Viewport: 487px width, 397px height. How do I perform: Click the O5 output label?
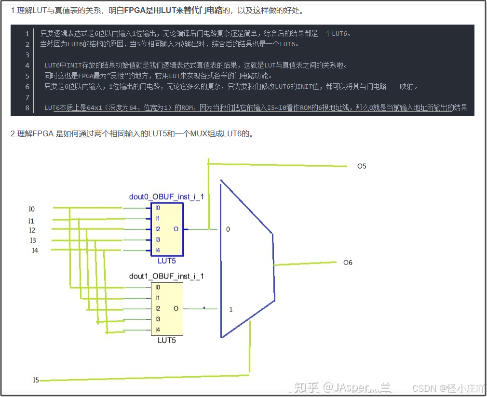tap(362, 166)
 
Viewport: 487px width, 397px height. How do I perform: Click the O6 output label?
tap(348, 263)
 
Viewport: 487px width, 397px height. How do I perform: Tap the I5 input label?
tap(36, 380)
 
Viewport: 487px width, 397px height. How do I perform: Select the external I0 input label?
tap(32, 209)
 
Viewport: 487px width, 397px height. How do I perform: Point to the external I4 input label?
tap(35, 250)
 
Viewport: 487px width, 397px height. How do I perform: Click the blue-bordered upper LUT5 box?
tap(167, 229)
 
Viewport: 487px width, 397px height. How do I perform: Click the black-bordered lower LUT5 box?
tap(167, 308)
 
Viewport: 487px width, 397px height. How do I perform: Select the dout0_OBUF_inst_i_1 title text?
tap(166, 197)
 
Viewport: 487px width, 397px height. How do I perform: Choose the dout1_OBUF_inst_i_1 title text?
tap(166, 276)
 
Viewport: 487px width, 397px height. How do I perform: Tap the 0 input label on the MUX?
tap(228, 229)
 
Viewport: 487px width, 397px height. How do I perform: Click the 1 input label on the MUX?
tap(230, 309)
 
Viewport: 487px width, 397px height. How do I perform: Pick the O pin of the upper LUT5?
tap(176, 229)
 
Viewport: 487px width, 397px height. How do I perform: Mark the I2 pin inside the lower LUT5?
tap(158, 308)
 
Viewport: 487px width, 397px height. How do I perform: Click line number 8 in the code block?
tap(27, 108)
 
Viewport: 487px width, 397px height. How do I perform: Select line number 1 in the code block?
tap(27, 34)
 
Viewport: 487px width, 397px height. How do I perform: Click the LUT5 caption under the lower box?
tap(167, 341)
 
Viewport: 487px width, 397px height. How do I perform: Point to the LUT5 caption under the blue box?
tap(167, 261)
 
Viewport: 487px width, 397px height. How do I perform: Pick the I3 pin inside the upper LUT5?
tap(158, 239)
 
